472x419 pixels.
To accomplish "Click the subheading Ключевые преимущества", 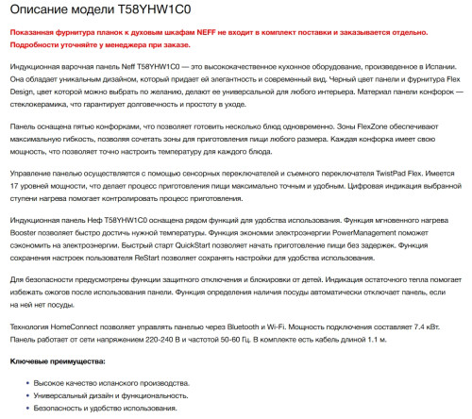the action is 58,361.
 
